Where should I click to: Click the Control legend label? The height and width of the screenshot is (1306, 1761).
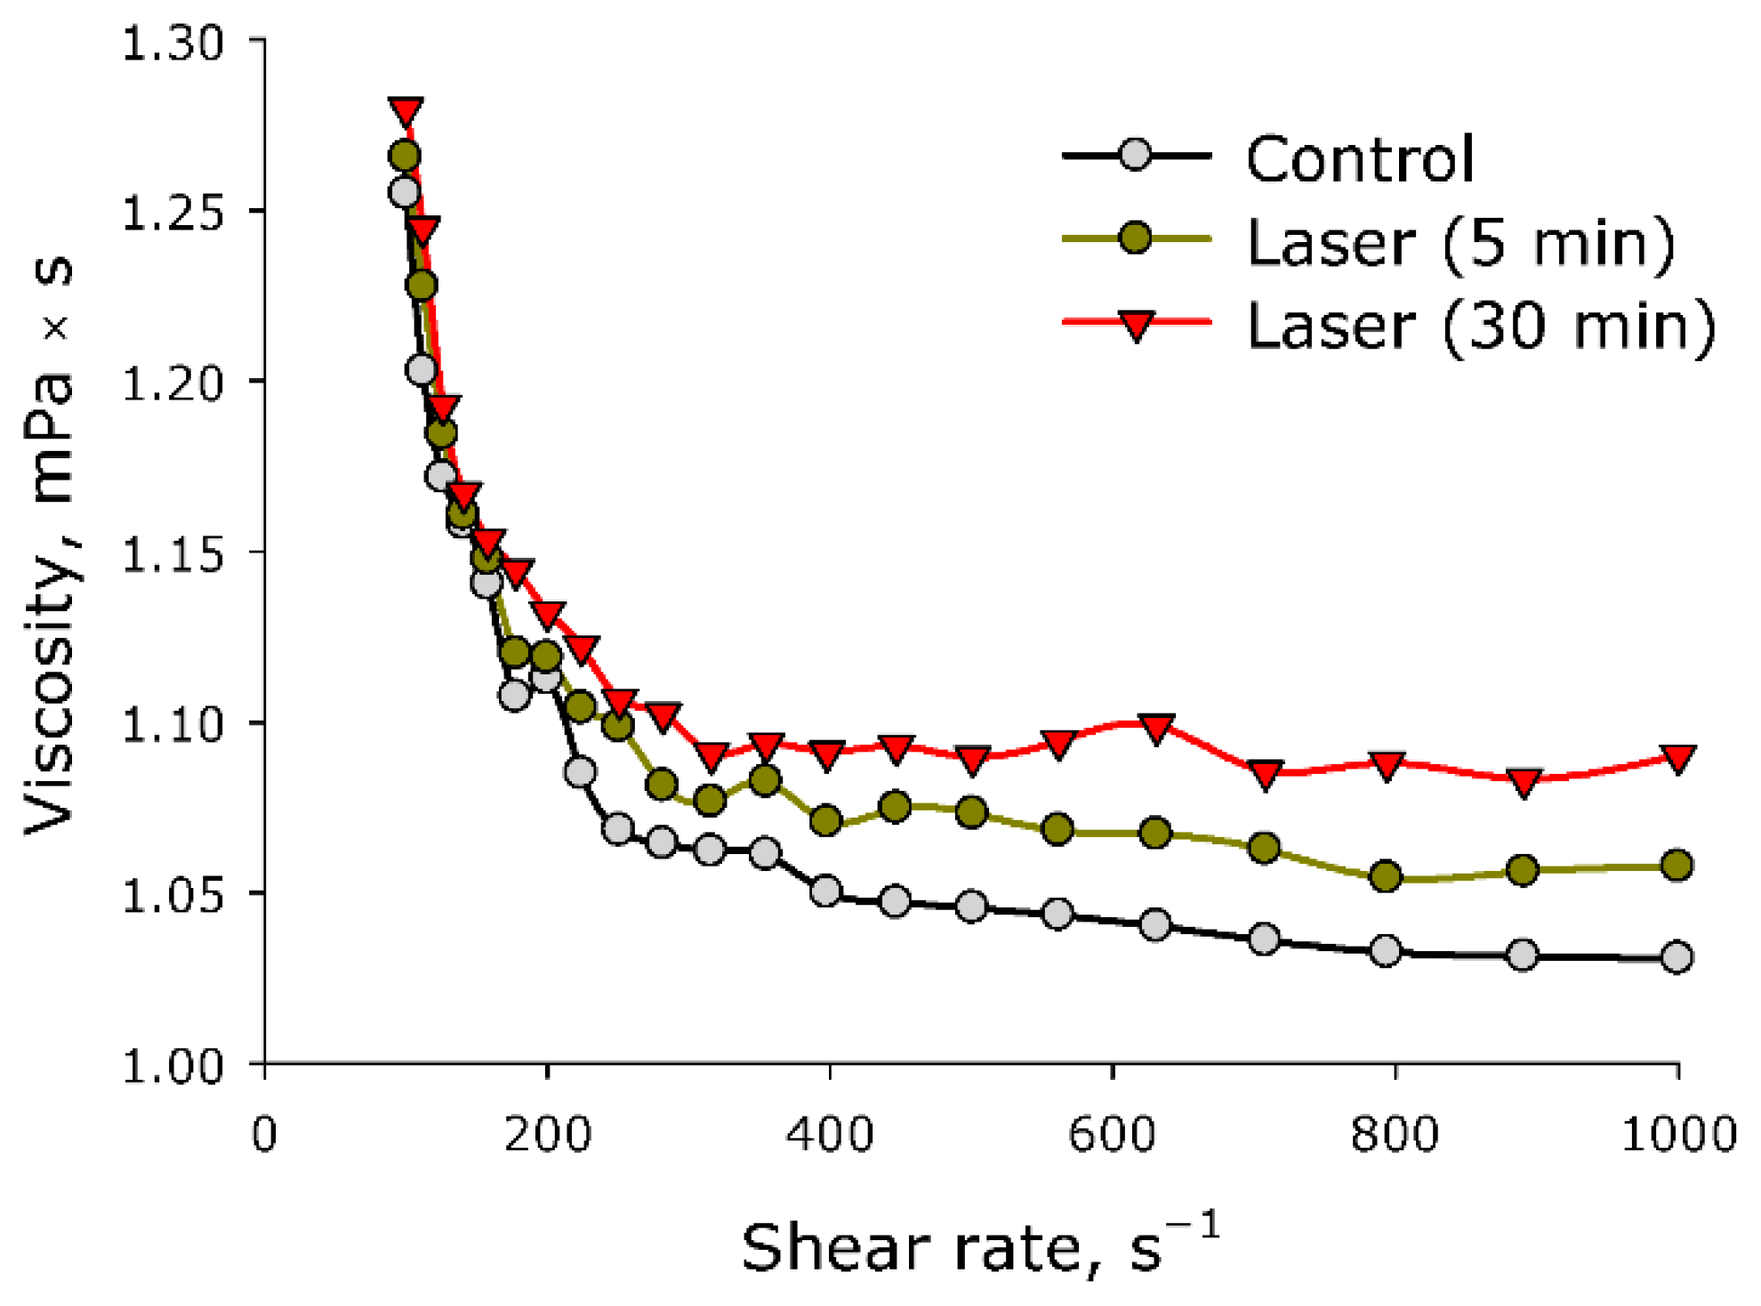(1359, 160)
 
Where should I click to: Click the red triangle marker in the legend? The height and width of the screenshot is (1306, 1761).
(1136, 325)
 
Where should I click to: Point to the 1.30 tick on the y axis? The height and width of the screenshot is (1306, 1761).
(173, 43)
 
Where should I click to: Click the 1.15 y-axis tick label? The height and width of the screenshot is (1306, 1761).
(173, 554)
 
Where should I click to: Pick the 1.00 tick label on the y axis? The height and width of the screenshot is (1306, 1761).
(173, 1065)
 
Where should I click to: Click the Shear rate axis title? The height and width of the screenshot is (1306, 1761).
(978, 1246)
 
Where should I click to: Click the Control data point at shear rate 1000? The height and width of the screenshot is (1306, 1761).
(1677, 957)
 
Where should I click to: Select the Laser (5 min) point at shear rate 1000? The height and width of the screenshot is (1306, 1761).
(1677, 865)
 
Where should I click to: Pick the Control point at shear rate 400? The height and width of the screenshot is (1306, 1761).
(826, 891)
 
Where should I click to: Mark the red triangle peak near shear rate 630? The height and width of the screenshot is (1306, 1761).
(1155, 728)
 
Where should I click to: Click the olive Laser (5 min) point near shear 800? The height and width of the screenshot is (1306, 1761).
(1386, 876)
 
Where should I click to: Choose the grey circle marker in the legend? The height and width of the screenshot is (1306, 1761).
(1136, 156)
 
